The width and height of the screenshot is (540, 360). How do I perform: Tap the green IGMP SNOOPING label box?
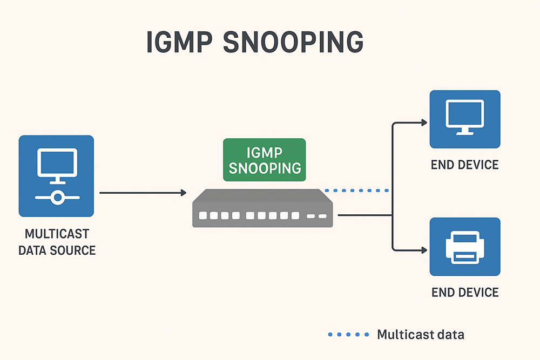[264, 160]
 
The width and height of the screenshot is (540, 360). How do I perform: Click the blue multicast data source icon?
[56, 176]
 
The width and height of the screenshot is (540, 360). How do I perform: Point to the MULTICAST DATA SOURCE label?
[57, 242]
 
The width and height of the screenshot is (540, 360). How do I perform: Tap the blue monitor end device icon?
[464, 119]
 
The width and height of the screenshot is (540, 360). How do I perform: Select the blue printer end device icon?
[464, 247]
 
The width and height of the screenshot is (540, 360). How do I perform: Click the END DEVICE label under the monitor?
[464, 165]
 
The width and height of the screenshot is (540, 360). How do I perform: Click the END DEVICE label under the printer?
[464, 293]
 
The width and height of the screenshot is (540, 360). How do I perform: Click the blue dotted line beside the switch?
[356, 191]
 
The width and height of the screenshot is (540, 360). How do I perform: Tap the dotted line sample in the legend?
[348, 335]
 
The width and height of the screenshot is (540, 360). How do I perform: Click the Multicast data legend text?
[420, 335]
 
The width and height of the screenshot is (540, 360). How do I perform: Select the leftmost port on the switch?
[203, 216]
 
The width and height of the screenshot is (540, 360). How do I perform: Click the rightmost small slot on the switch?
[322, 216]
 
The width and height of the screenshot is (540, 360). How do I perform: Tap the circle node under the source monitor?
[56, 198]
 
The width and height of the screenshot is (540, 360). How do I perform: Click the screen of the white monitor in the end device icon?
[464, 113]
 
